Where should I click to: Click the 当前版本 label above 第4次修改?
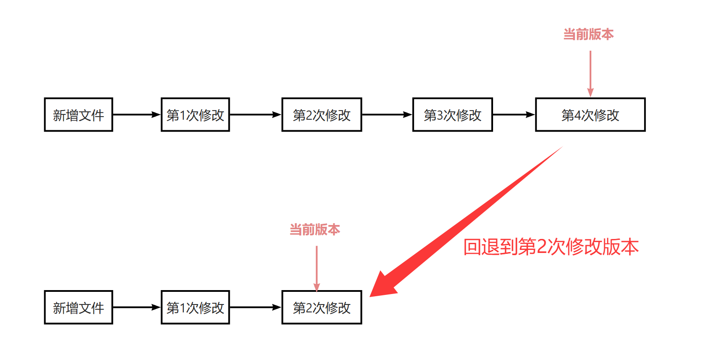(588, 34)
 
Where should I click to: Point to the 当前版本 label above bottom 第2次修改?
(314, 230)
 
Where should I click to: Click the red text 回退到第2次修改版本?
(551, 247)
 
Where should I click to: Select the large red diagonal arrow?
(466, 222)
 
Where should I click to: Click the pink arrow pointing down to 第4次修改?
(590, 74)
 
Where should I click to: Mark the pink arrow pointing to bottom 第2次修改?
(317, 269)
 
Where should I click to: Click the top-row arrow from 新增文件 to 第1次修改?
(137, 115)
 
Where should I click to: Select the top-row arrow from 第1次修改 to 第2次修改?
(255, 115)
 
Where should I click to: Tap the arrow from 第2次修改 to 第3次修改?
(387, 115)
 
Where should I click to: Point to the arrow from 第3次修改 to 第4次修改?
(514, 115)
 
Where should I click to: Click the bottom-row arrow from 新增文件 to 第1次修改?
(137, 308)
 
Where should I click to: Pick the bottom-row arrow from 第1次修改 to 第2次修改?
(255, 308)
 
